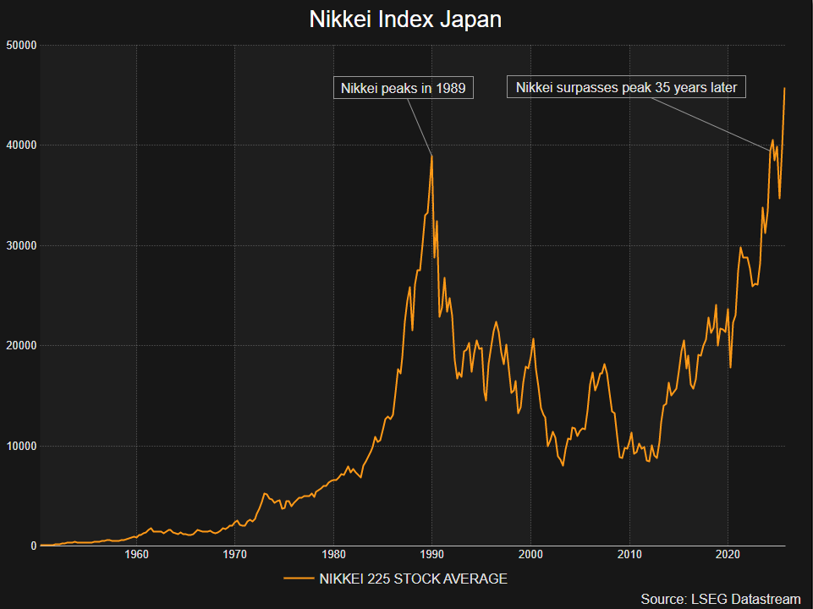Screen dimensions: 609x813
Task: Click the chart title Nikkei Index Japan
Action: (406, 19)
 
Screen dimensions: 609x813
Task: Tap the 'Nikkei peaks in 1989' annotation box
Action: (403, 88)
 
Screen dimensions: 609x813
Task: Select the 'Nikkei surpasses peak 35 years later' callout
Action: (626, 87)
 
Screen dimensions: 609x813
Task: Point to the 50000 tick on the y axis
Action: (19, 45)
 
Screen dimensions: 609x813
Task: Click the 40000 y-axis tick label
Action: (19, 145)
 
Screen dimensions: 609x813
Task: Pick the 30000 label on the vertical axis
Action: (19, 245)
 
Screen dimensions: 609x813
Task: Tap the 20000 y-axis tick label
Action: (19, 346)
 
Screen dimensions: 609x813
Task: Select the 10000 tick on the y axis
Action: (19, 446)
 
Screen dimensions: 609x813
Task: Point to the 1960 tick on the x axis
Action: (136, 556)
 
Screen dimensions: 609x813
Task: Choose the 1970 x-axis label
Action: (235, 556)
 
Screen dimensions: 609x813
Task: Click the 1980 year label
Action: (333, 556)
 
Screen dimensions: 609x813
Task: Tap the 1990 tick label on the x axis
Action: (432, 556)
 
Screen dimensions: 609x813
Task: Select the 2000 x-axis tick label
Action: (530, 556)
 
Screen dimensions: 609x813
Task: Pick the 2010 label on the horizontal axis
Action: (629, 556)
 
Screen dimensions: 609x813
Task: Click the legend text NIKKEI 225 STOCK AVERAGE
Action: (413, 579)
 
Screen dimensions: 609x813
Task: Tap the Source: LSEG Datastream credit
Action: (720, 599)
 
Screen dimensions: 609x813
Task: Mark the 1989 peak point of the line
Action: (431, 156)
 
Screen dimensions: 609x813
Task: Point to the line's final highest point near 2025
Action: (785, 88)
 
